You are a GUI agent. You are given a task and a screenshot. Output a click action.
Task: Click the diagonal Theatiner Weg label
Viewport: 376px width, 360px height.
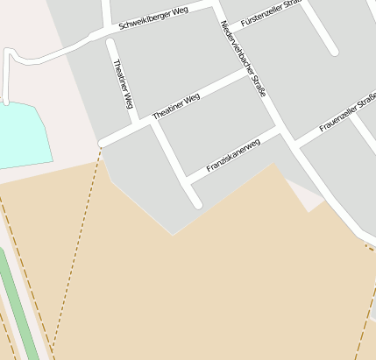(176, 107)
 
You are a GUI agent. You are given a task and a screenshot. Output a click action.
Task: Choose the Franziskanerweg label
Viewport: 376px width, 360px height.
(233, 155)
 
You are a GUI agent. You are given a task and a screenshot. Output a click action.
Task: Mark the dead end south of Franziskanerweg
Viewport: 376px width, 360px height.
(198, 205)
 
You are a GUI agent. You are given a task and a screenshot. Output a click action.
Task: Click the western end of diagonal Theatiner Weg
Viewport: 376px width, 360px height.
(103, 142)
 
